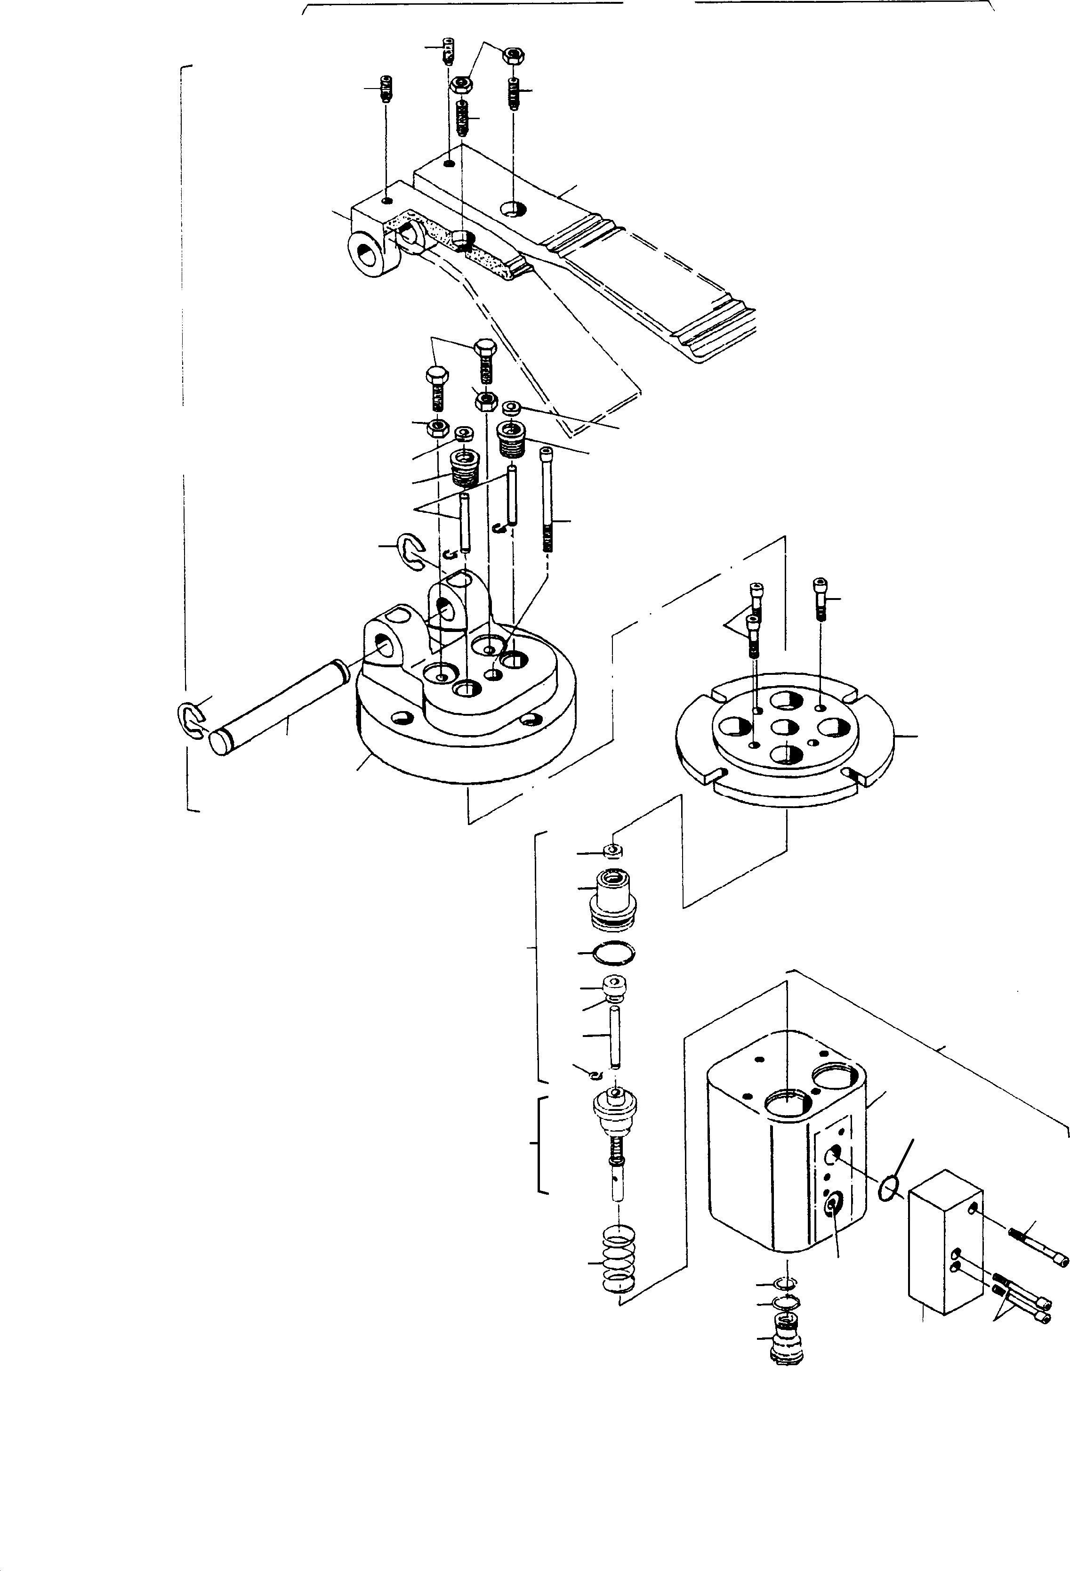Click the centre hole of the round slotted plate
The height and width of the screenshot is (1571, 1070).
(x=785, y=729)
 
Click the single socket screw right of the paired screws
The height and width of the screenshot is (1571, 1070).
(x=821, y=598)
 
